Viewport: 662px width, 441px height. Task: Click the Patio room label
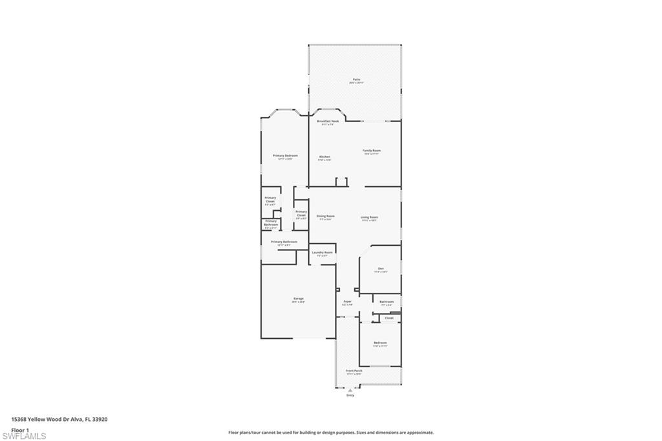[356, 80]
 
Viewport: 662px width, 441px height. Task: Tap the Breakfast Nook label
[328, 122]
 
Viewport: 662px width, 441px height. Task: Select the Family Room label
[372, 151]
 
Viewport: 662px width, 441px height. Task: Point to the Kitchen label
[325, 157]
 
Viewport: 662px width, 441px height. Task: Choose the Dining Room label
[325, 217]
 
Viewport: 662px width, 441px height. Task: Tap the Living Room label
[369, 217]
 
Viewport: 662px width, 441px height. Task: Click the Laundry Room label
[322, 252]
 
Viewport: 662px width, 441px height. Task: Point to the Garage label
[298, 299]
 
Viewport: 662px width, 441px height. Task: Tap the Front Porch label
[354, 371]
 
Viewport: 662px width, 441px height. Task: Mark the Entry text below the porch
[350, 395]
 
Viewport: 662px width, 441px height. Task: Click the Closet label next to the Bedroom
[389, 318]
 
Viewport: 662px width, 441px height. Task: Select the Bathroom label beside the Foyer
[387, 302]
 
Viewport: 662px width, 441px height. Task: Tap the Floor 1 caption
[20, 429]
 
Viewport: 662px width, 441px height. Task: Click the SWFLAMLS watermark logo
[24, 436]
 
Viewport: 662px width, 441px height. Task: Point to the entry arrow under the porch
[350, 391]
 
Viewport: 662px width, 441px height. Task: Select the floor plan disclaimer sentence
[330, 433]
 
